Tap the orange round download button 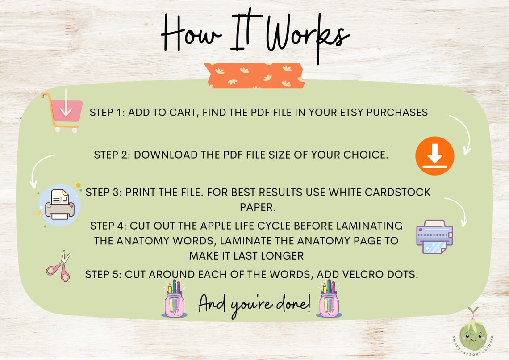(434, 155)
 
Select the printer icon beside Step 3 (59, 204)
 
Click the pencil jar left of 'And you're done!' (175, 299)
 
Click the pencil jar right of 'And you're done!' (330, 299)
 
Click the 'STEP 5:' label (103, 274)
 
